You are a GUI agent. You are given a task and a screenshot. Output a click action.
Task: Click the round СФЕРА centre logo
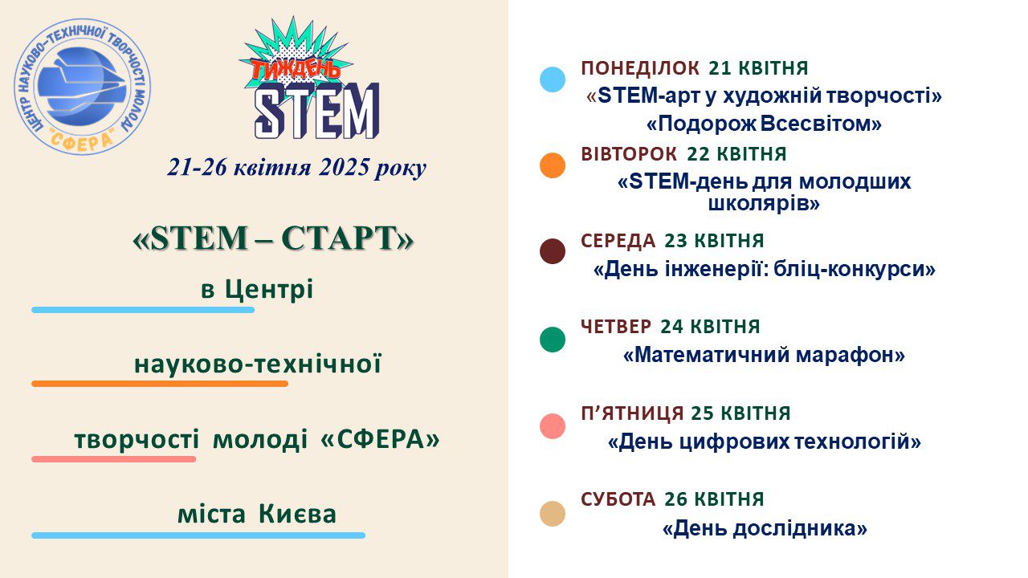tap(83, 87)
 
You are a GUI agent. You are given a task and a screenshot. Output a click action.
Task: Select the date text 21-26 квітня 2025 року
tap(297, 168)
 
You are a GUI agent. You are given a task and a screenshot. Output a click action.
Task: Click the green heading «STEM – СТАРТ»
tap(274, 238)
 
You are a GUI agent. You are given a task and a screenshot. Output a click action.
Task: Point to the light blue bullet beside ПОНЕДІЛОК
tap(553, 79)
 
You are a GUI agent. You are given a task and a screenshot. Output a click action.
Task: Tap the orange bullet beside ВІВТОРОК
tap(553, 165)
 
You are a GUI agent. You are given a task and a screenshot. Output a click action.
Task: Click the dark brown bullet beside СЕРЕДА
tap(553, 251)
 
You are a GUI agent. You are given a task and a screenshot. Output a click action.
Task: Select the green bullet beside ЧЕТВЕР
tap(553, 340)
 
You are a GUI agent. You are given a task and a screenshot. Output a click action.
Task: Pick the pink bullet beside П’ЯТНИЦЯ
tap(553, 426)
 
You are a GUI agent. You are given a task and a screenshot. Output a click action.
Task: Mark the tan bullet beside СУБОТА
tap(553, 513)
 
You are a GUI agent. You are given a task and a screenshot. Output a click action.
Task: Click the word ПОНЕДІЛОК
tap(640, 68)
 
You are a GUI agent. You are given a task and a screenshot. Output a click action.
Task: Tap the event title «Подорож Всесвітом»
tap(764, 124)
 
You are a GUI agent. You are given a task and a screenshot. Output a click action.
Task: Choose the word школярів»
tap(764, 203)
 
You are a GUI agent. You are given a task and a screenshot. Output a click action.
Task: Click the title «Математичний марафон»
tap(764, 355)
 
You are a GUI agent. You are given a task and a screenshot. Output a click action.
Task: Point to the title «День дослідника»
tap(765, 528)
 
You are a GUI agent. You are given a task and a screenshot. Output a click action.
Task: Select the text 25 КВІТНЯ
tap(740, 413)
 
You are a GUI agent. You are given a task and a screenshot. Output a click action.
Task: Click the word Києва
tap(297, 515)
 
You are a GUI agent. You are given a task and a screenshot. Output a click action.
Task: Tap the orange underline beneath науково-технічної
tap(160, 384)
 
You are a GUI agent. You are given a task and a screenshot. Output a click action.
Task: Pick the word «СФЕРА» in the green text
tap(380, 439)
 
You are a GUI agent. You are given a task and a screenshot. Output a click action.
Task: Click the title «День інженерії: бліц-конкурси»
tap(765, 269)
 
